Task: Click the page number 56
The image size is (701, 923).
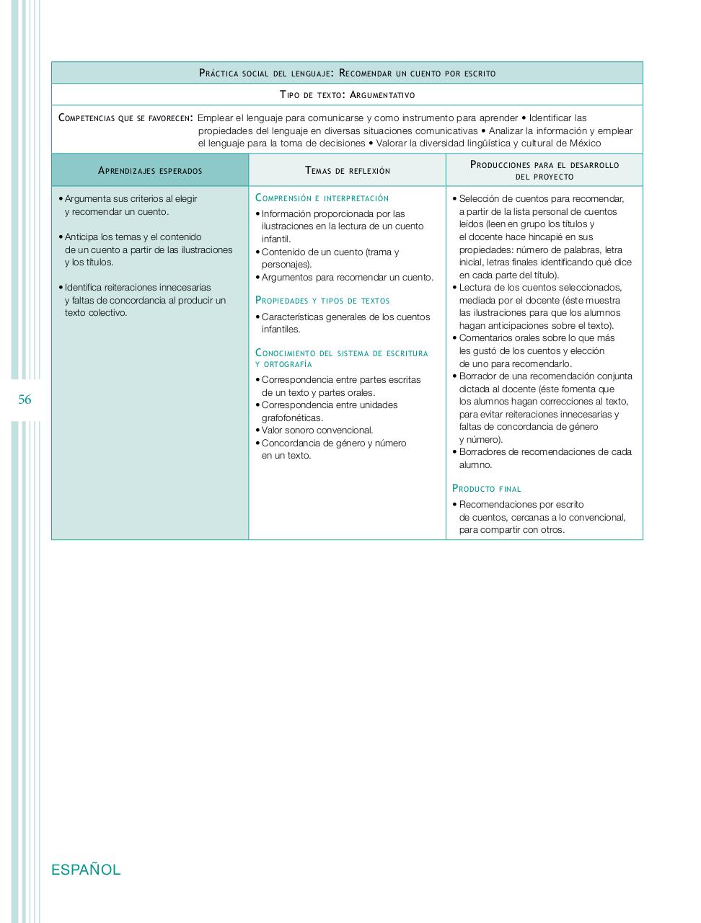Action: [x=25, y=399]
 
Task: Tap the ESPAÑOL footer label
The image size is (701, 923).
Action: [x=86, y=870]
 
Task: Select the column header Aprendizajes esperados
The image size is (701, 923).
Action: [x=150, y=171]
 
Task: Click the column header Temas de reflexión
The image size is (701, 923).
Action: [x=348, y=171]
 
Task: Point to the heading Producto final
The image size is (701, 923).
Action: [x=487, y=489]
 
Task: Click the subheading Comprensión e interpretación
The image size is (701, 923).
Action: [x=322, y=198]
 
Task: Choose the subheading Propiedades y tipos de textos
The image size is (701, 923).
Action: [x=322, y=301]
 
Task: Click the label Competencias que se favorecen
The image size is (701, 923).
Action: [x=125, y=118]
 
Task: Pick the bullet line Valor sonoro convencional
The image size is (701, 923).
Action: [x=317, y=430]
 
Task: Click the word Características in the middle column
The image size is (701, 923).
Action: [x=292, y=317]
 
